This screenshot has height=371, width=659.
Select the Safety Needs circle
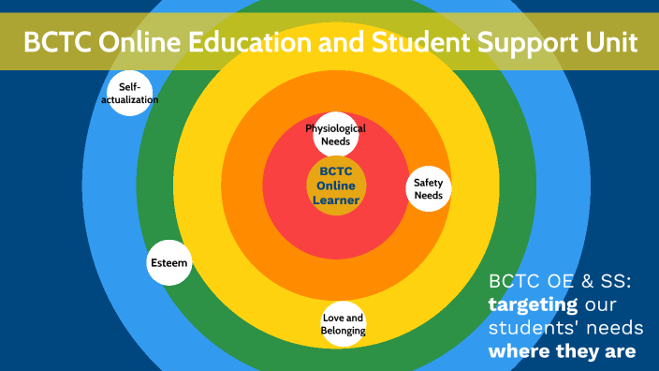coord(429,189)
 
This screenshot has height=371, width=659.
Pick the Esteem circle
coord(169,263)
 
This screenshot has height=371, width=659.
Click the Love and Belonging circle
coord(344,324)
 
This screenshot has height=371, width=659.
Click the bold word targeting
coord(531,305)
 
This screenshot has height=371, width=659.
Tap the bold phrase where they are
coord(562,352)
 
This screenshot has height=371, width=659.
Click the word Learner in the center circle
coord(336,200)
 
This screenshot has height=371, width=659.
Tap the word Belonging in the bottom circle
coord(344,331)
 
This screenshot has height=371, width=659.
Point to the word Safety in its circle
coord(429,183)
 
